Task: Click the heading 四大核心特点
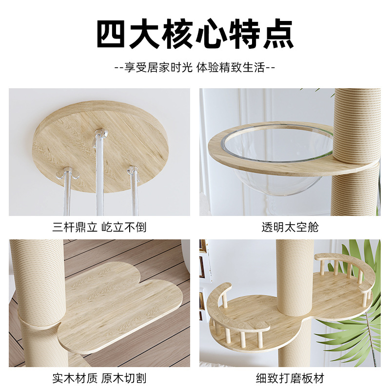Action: pos(195,34)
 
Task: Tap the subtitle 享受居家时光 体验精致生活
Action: pos(195,67)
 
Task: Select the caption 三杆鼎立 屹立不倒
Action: pos(99,227)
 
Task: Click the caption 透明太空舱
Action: pos(290,227)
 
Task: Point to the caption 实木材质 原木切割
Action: pos(99,378)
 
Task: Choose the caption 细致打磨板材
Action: pos(290,378)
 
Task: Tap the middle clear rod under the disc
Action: pos(100,174)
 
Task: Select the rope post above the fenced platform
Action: pos(295,277)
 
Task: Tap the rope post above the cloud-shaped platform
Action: pos(38,281)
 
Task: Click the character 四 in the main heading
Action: pos(111,34)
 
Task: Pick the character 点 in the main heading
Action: pos(278,34)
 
